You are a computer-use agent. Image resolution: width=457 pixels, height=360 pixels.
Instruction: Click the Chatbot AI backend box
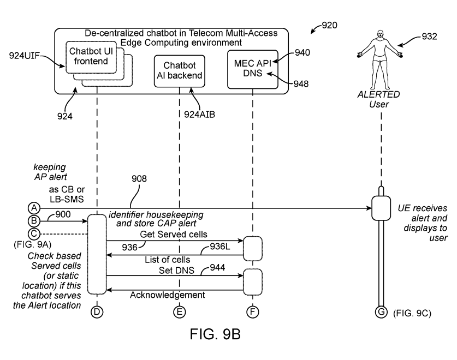[179, 71]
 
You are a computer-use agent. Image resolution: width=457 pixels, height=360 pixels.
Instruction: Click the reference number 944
[212, 268]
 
